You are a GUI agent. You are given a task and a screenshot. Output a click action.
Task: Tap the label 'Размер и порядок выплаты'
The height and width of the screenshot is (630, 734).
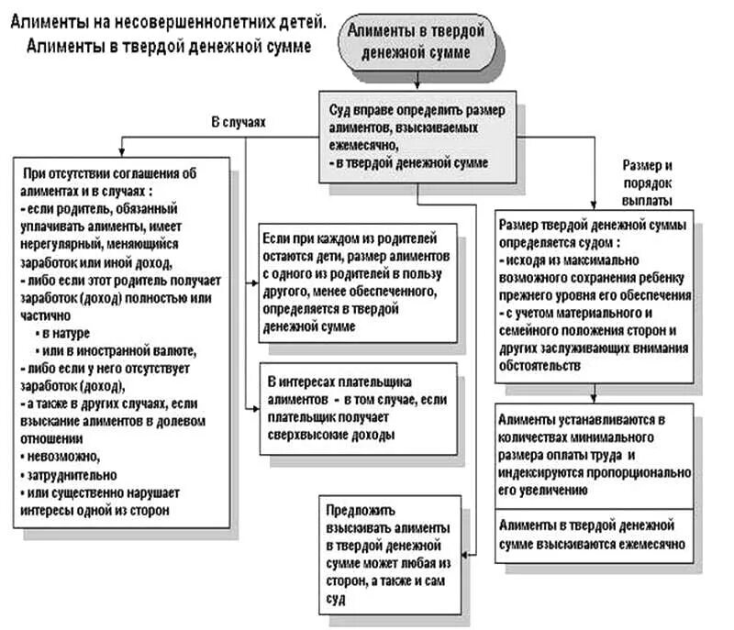tap(649, 182)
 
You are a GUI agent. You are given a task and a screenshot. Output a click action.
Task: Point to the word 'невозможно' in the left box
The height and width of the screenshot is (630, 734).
tap(59, 456)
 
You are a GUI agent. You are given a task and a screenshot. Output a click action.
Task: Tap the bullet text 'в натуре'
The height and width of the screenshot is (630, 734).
tap(68, 332)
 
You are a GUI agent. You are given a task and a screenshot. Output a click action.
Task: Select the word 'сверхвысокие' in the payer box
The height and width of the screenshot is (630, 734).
tap(304, 437)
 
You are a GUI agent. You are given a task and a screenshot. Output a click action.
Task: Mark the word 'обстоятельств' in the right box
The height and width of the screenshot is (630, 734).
tap(539, 365)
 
